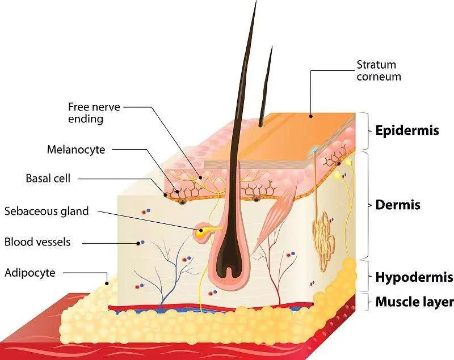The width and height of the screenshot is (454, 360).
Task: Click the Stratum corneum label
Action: tap(379, 70)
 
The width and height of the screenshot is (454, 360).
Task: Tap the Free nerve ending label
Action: tap(86, 112)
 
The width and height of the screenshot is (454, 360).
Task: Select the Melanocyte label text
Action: tap(77, 150)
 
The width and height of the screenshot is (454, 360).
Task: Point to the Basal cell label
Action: tap(48, 179)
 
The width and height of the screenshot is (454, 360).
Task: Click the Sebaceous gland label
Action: tap(47, 211)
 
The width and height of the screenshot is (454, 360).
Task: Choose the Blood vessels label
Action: tap(37, 242)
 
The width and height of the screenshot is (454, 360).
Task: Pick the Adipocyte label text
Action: tap(30, 273)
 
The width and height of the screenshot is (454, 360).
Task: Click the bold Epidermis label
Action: tap(407, 130)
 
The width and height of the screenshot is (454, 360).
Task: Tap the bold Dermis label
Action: tap(398, 205)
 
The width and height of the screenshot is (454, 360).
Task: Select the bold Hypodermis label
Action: tap(414, 277)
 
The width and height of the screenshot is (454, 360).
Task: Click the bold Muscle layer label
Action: tap(414, 302)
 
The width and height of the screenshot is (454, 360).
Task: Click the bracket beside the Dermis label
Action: tap(365, 205)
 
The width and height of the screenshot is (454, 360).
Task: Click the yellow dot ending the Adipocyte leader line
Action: tap(106, 282)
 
